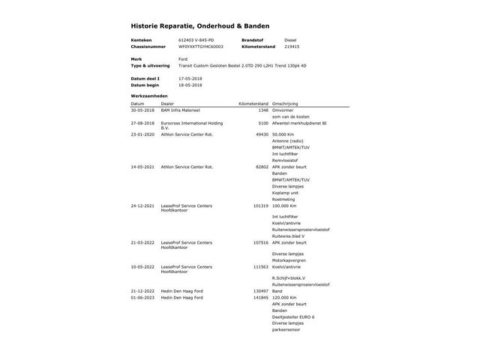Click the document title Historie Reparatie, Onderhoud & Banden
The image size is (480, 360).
pos(200,25)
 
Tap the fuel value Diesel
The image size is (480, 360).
pos(290,40)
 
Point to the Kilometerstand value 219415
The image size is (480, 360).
pos(291,46)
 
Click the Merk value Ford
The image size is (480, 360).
pos(183,58)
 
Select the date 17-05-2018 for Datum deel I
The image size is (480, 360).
pos(191,78)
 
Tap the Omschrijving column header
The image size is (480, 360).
pos(285,103)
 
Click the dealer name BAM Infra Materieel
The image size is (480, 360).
pos(181,110)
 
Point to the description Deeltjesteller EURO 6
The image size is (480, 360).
pos(293,316)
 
